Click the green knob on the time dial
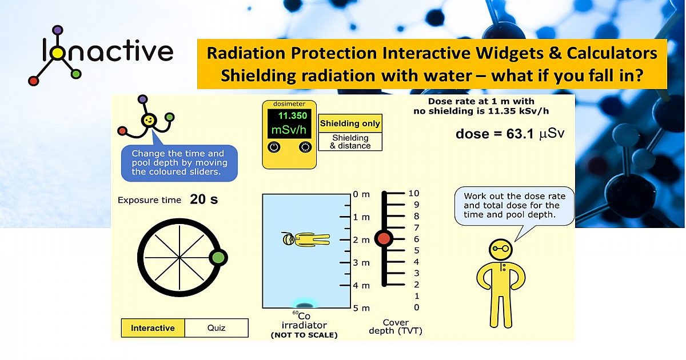click(x=218, y=257)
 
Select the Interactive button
click(x=153, y=328)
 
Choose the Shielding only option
click(x=350, y=123)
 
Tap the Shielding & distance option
click(x=350, y=142)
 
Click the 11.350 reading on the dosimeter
click(x=292, y=115)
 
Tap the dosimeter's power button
click(x=274, y=147)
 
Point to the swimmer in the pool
click(x=305, y=239)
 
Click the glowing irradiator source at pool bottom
click(x=304, y=304)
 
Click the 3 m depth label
click(x=361, y=262)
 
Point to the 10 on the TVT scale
click(x=413, y=193)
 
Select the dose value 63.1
click(x=521, y=134)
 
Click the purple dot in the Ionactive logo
click(x=56, y=29)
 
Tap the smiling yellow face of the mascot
click(x=149, y=121)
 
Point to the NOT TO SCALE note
click(x=304, y=335)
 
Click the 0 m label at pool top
click(x=361, y=194)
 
